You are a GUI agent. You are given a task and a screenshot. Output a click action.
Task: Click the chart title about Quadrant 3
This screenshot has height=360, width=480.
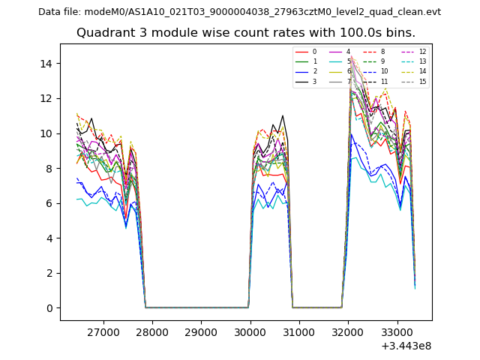coord(245,33)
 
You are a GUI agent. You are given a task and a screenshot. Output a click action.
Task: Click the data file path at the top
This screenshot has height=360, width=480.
coord(239,12)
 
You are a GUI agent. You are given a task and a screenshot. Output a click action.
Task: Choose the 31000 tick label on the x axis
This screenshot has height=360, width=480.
coord(299,331)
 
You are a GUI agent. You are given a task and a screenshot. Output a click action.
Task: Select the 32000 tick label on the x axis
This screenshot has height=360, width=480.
coord(348,331)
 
